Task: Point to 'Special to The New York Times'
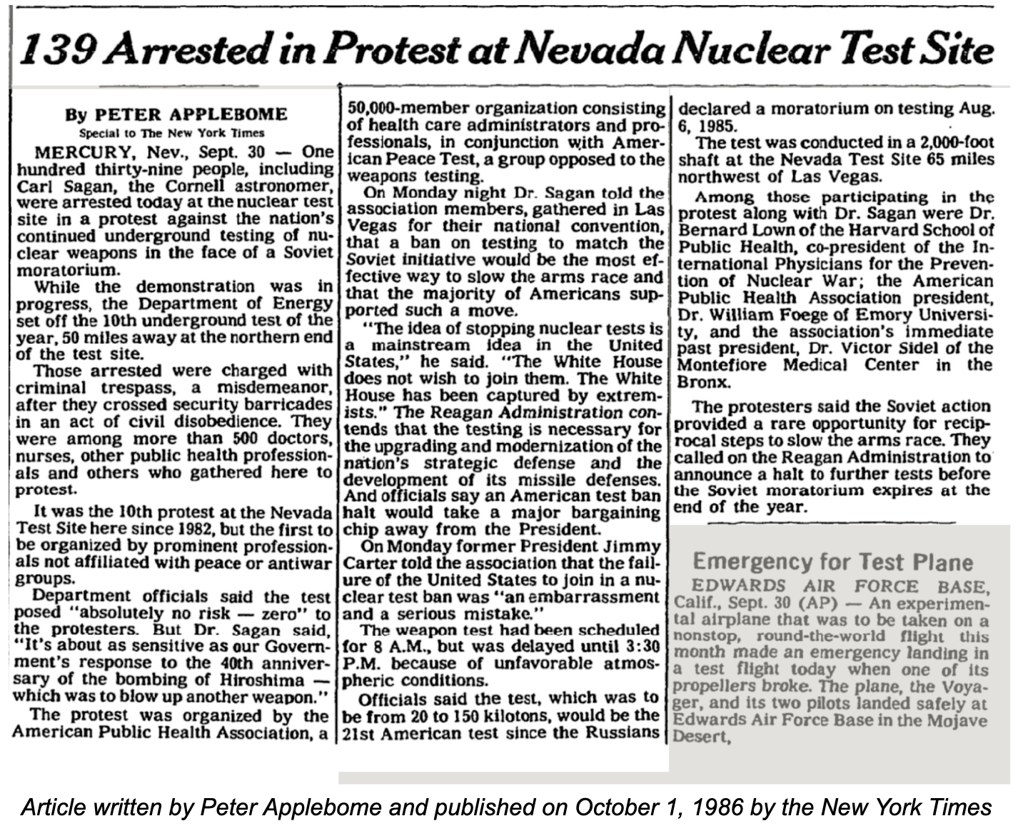coord(171,133)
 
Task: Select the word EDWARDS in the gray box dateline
coord(732,586)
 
